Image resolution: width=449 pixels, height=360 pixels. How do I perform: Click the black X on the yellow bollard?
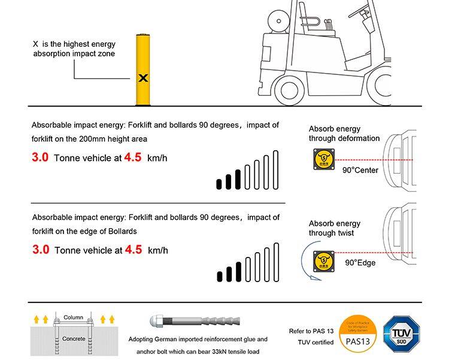point(143,78)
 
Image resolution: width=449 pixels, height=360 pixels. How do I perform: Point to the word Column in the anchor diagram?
point(73,316)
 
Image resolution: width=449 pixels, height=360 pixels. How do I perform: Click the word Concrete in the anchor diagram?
point(74,338)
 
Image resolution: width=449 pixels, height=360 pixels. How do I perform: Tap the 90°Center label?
point(360,170)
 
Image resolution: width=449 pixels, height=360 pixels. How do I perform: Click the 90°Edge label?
point(360,262)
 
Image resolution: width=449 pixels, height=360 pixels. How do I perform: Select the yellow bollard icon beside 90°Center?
point(323,160)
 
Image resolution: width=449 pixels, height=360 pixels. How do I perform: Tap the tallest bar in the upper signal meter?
point(275,170)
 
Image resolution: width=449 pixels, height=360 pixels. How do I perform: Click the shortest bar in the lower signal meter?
point(220,276)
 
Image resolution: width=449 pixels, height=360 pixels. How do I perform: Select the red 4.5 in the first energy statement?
point(132,158)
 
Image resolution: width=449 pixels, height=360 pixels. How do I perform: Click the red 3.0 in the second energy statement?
point(41,249)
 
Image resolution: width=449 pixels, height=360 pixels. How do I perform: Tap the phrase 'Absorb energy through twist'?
point(335,228)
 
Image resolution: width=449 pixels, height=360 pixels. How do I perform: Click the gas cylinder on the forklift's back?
point(279,23)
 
